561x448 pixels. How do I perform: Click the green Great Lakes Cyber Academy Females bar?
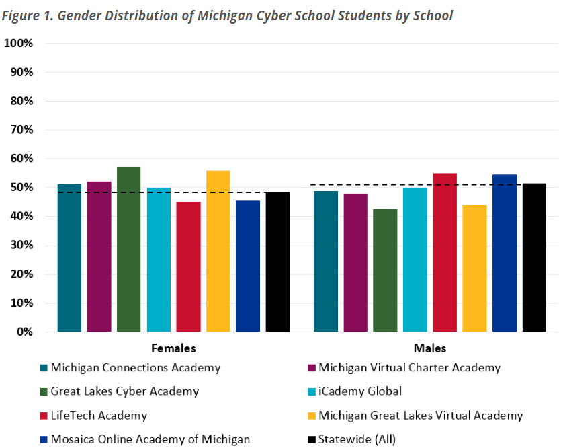coord(128,250)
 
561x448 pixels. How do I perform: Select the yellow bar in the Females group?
coord(218,252)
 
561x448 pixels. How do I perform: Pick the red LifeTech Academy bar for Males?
coord(445,253)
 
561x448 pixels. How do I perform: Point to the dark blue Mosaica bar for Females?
coord(248,266)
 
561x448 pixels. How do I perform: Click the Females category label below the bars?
coord(173,349)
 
